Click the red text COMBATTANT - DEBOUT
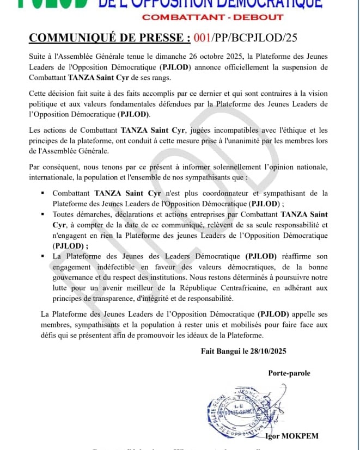click(x=212, y=17)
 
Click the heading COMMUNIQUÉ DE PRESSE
click(x=109, y=38)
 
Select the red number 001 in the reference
click(x=203, y=38)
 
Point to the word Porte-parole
click(x=289, y=373)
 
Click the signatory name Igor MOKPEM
click(x=292, y=436)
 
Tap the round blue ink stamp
click(x=237, y=415)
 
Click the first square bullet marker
click(x=42, y=193)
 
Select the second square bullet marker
click(x=42, y=214)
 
